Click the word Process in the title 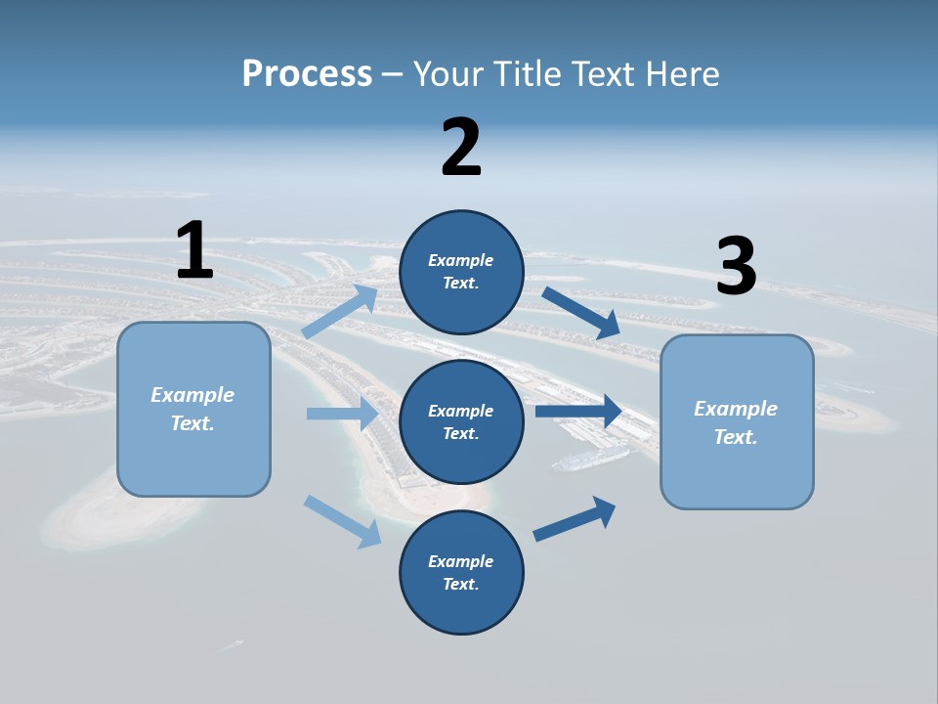307,73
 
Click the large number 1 194,250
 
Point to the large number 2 461,148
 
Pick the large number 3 736,267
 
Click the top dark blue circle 461,272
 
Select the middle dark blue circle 461,421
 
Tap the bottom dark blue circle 461,572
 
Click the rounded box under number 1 193,409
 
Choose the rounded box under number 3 737,421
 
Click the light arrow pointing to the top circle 340,312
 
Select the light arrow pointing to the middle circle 342,414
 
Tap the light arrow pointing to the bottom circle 342,521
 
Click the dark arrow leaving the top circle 580,313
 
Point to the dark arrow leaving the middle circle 578,411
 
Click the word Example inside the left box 192,395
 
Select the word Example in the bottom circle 460,561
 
